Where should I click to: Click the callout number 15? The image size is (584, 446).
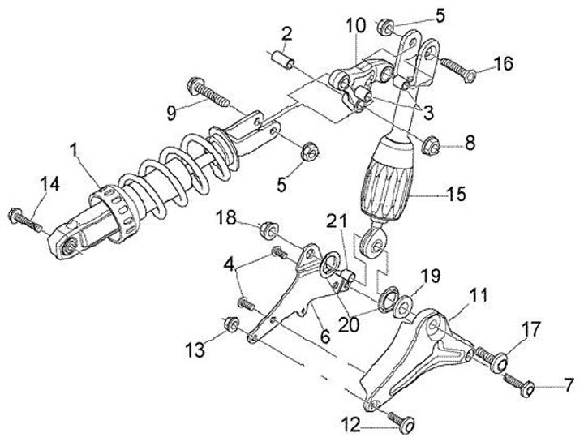(x=457, y=195)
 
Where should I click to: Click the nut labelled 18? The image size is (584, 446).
(x=266, y=230)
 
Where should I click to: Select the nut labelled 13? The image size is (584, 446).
(x=230, y=324)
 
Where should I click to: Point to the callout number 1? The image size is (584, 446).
(x=75, y=151)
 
